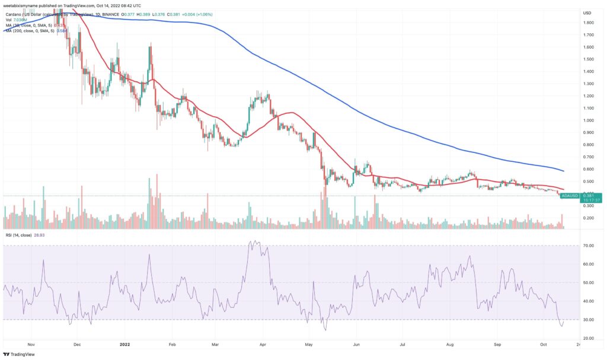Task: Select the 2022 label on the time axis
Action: [124, 343]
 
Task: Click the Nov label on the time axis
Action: [33, 343]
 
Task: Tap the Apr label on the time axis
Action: [262, 343]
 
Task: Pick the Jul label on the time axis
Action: [402, 343]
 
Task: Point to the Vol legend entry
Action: [13, 20]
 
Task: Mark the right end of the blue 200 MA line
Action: [564, 171]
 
